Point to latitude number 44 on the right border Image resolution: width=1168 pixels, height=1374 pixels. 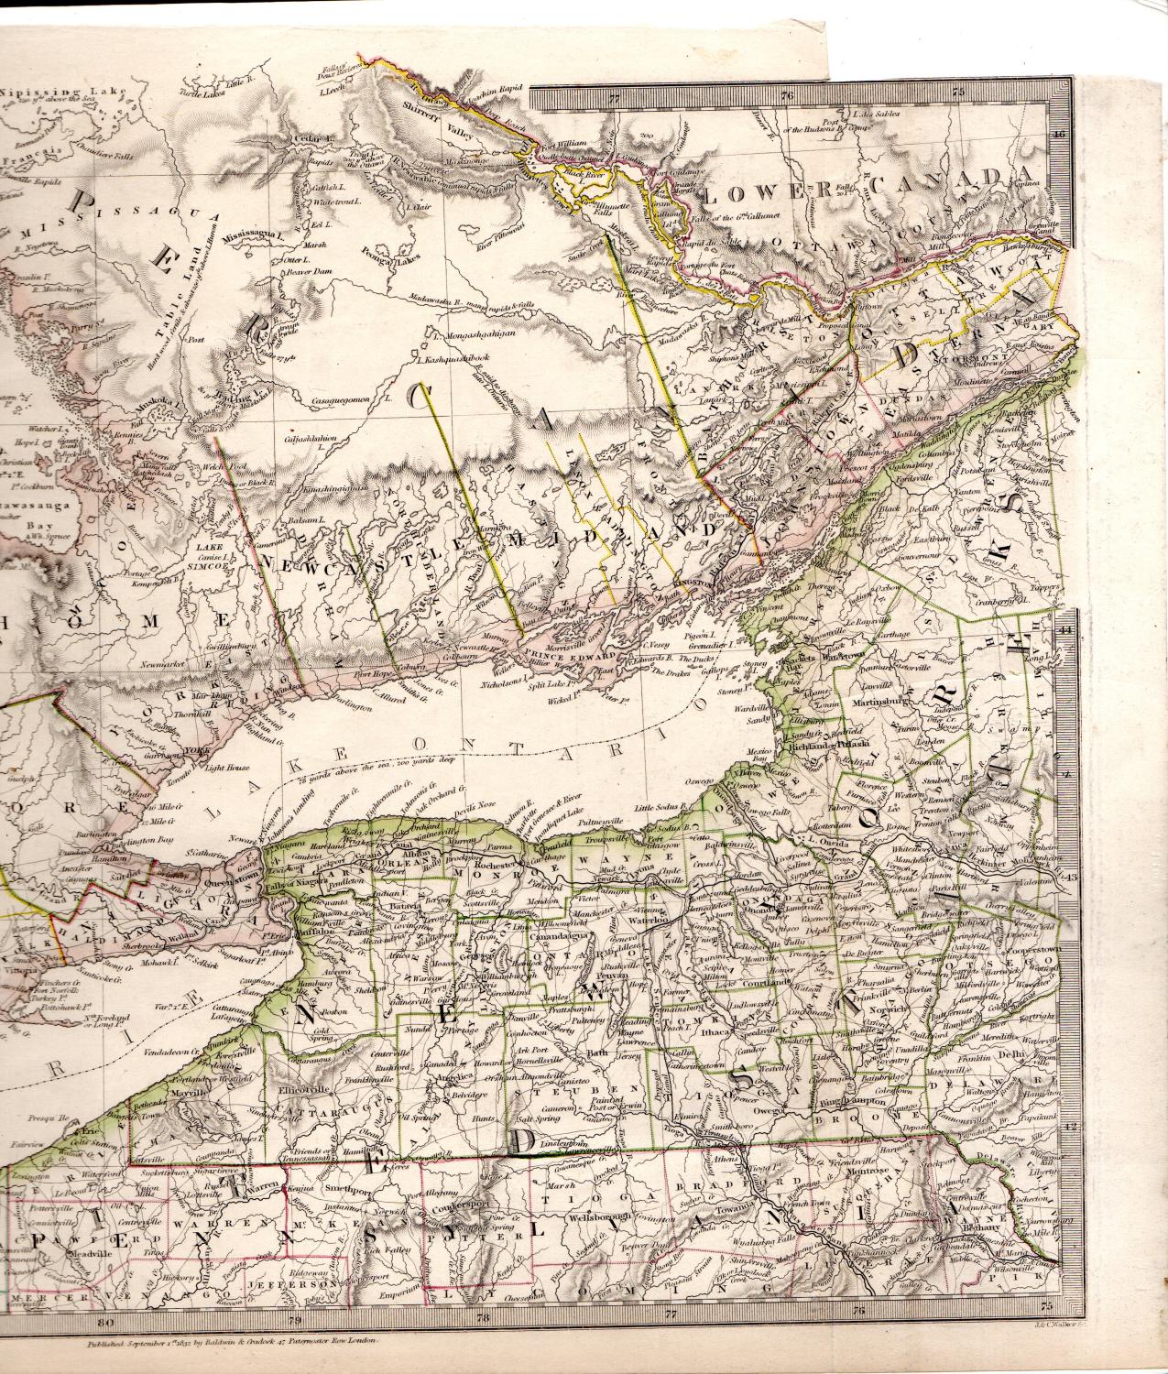click(1065, 630)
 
